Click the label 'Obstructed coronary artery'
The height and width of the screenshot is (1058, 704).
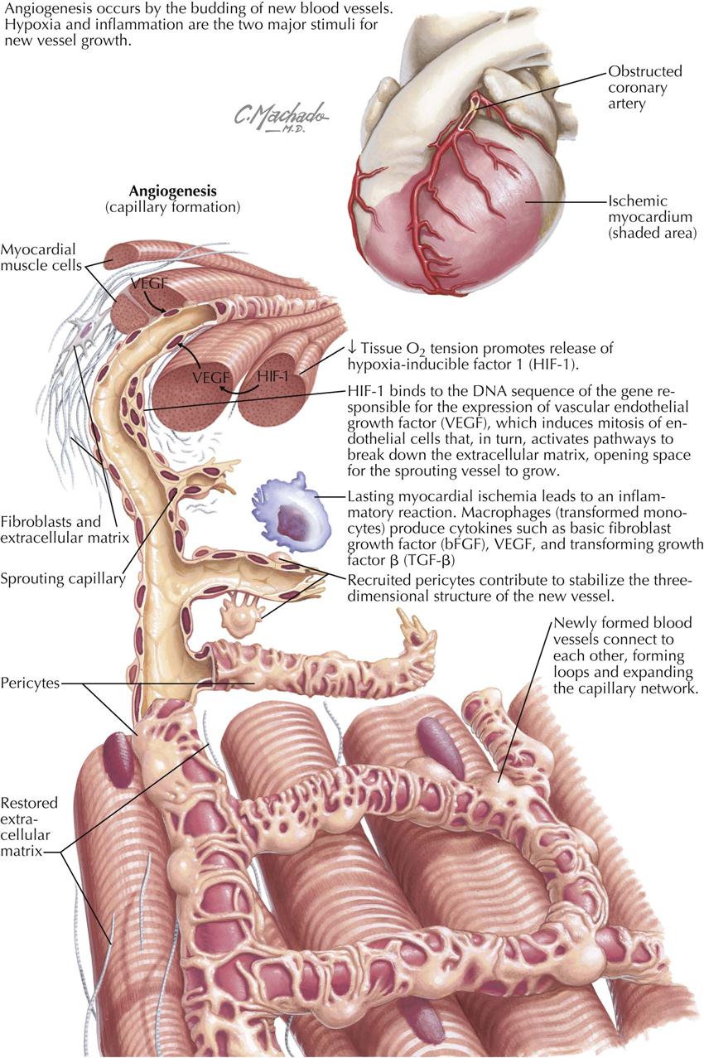click(x=639, y=87)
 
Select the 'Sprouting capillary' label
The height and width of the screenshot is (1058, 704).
click(x=63, y=577)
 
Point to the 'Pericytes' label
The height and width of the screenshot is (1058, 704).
click(x=31, y=684)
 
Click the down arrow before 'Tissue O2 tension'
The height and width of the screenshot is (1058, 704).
click(x=354, y=347)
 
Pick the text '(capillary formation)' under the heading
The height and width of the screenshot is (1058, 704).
click(x=172, y=206)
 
